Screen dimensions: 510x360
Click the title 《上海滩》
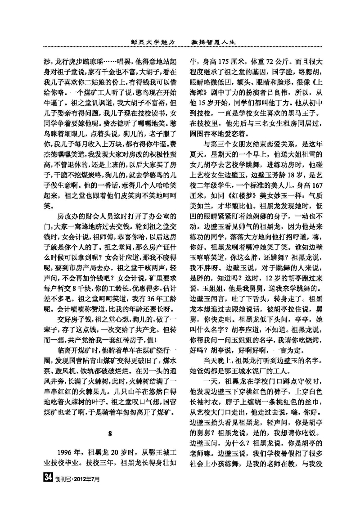click(317, 90)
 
